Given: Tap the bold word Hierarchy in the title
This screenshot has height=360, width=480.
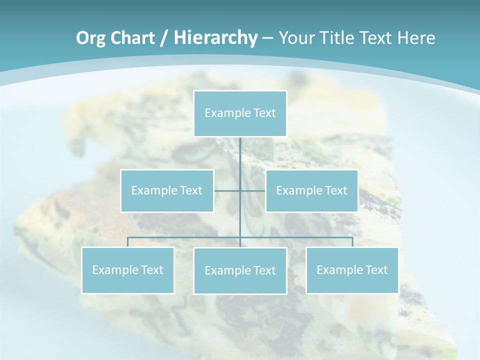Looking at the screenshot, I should [x=215, y=38].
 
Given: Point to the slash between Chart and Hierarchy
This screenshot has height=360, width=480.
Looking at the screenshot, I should [x=164, y=38].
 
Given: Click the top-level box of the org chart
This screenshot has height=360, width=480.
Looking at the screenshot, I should [x=240, y=113].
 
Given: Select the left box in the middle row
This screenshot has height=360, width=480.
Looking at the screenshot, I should [x=167, y=190].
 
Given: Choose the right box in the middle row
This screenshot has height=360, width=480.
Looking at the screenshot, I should [x=311, y=190].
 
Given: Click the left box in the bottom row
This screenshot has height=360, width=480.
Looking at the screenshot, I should [x=128, y=270].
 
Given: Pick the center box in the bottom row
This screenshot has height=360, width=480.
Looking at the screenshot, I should [x=240, y=270].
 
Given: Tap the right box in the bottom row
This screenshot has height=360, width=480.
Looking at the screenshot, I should [x=352, y=270].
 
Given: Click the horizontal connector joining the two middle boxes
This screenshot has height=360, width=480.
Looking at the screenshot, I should [x=228, y=190].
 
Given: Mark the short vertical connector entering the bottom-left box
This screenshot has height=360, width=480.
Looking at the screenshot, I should [x=128, y=242].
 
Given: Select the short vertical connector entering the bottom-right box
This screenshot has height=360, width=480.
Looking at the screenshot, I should [x=352, y=242].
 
